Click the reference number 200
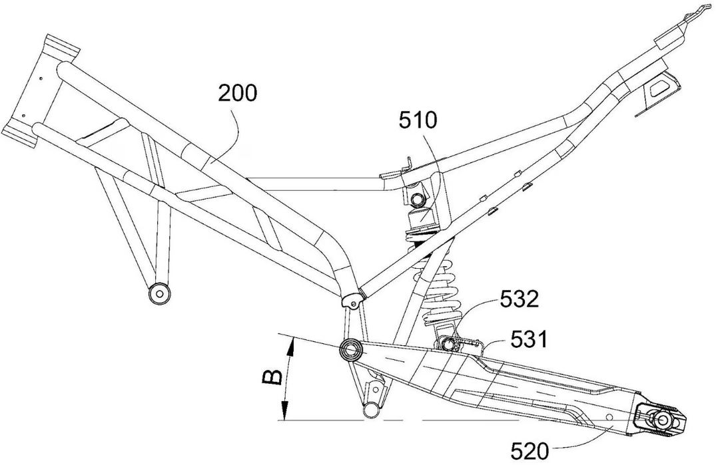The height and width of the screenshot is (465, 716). (236, 94)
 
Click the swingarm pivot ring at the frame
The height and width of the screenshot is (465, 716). (350, 349)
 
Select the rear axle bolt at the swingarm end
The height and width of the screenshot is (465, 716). (663, 420)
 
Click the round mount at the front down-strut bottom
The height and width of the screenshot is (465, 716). (158, 292)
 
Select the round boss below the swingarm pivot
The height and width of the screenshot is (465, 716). (368, 408)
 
